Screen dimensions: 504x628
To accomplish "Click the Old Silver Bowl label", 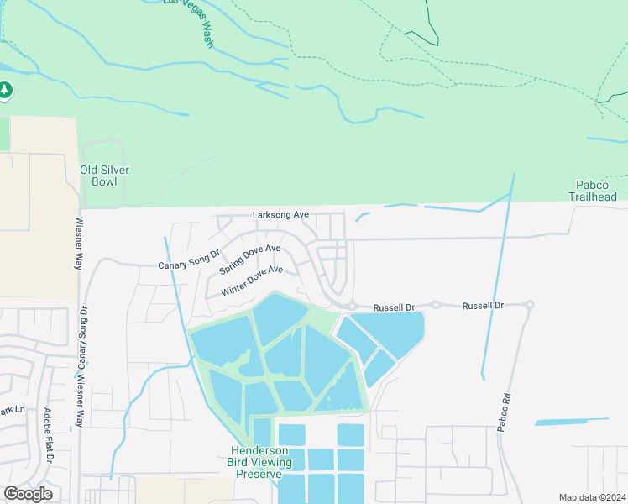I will [104, 175].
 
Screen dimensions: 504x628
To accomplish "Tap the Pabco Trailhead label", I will [596, 191].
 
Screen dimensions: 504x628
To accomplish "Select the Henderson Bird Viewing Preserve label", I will [259, 462].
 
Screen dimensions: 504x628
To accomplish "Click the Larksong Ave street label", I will [281, 215].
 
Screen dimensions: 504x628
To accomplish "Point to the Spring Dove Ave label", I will [249, 259].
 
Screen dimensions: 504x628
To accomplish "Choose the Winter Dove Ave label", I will [252, 281].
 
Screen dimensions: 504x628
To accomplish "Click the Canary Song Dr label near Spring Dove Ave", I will [188, 259].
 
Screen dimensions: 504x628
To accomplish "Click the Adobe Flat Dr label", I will [48, 437].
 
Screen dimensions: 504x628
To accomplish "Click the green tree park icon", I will [5, 89].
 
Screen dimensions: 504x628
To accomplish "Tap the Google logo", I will [28, 494].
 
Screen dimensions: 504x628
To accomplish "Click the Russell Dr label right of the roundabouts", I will [483, 307].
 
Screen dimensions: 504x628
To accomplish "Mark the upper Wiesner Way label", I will [78, 244].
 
